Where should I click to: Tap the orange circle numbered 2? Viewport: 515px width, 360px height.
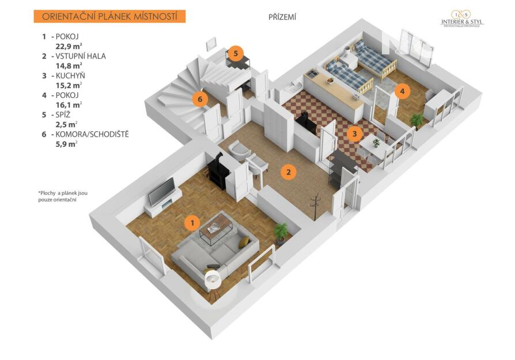tap(289, 171)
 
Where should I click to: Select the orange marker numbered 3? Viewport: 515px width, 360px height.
tap(355, 134)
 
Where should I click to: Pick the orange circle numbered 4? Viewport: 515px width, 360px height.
tap(403, 91)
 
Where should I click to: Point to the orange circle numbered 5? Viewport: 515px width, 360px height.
tap(235, 53)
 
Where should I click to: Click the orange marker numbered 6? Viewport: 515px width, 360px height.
tap(199, 99)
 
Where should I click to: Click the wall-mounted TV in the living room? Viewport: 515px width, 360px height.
tap(162, 191)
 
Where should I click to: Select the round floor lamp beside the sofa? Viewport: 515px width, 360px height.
tap(213, 281)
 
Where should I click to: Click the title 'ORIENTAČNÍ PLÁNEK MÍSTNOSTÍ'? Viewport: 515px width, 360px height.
tap(109, 16)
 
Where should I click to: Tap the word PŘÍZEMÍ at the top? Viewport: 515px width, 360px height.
tap(282, 17)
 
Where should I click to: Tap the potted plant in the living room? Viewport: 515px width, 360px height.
tap(281, 232)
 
